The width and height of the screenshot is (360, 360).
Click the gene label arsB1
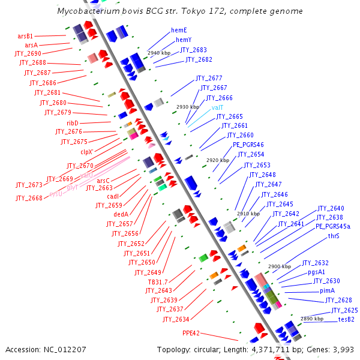[25, 36]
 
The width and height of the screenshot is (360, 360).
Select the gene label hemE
[179, 30]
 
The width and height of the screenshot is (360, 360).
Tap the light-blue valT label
[217, 107]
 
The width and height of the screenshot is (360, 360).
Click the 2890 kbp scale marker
[311, 319]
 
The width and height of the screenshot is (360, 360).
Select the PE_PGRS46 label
[248, 145]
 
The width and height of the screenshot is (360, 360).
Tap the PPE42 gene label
[191, 332]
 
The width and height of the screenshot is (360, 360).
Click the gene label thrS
[334, 236]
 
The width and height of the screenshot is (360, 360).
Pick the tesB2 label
[346, 319]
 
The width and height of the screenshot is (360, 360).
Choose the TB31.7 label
[158, 282]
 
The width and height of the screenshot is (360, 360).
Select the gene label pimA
[328, 290]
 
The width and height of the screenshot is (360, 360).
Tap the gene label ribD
[72, 122]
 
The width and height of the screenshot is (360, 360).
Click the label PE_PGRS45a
[333, 227]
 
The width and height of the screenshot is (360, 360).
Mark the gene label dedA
[121, 214]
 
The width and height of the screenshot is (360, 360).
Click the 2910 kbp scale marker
[248, 213]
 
